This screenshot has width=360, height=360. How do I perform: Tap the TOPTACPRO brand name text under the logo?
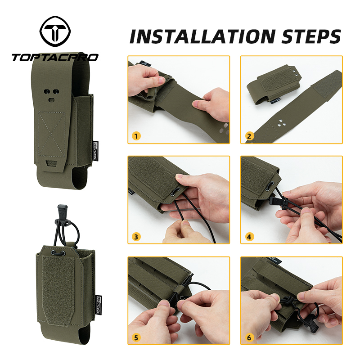[55, 57]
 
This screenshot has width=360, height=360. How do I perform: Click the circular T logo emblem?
[54, 34]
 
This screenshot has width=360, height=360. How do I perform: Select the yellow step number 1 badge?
[136, 135]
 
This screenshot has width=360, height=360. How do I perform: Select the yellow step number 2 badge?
[249, 135]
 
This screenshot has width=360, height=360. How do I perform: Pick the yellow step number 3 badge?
[136, 236]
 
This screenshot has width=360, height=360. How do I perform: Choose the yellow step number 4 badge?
[249, 236]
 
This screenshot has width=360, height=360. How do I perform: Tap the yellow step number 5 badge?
[136, 336]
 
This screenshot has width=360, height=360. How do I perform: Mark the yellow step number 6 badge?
[249, 336]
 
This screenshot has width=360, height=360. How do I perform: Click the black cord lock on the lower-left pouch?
[59, 254]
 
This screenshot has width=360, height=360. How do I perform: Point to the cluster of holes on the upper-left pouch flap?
[51, 92]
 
